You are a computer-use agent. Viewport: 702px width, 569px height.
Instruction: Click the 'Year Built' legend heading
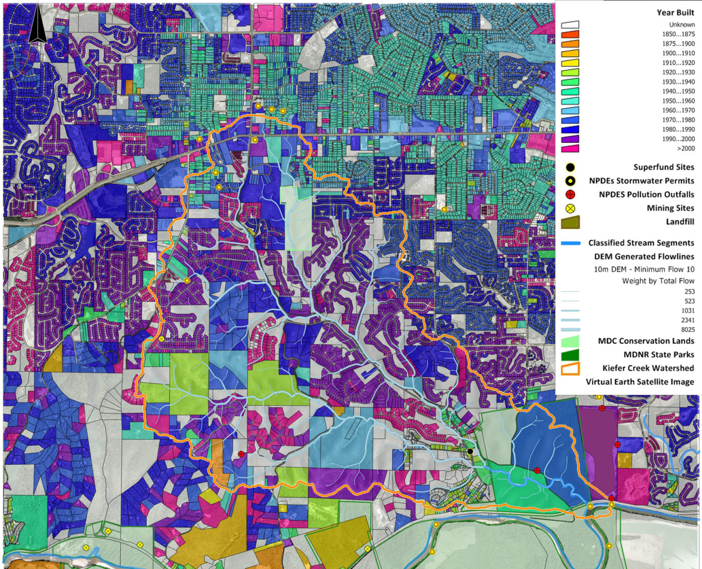[x=675, y=13]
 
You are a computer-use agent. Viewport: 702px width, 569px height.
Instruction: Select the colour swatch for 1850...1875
[x=570, y=34]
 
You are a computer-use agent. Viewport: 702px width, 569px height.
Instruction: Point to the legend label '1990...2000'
[x=678, y=139]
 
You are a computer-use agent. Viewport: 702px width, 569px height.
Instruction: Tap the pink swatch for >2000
[x=570, y=148]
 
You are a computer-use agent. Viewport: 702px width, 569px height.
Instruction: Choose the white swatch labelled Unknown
[x=570, y=25]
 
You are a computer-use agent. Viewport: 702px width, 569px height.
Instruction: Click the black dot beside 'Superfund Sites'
[x=570, y=167]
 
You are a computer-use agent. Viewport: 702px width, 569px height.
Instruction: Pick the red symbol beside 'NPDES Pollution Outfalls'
[x=570, y=195]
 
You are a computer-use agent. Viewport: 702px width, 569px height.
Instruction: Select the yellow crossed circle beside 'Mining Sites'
[x=570, y=209]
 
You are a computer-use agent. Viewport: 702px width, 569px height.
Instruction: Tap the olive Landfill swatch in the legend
[x=570, y=222]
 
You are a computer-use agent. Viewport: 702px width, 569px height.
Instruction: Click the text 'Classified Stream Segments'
[x=641, y=243]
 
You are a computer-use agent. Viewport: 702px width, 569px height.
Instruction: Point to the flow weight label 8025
[x=687, y=330]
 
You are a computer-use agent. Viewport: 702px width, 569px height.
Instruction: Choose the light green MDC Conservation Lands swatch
[x=570, y=341]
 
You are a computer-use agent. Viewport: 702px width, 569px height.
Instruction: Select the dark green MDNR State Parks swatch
[x=570, y=354]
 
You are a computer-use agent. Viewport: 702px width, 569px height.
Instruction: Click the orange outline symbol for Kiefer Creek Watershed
[x=570, y=368]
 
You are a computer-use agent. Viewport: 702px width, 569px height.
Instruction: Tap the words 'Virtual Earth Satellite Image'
[x=640, y=382]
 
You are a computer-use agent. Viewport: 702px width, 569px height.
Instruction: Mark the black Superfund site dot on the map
[x=470, y=451]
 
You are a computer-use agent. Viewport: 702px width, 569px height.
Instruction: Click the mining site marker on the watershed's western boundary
[x=161, y=339]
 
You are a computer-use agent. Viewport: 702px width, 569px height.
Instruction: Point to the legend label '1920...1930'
[x=678, y=72]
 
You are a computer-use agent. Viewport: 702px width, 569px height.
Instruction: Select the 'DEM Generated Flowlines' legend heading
[x=643, y=257]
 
